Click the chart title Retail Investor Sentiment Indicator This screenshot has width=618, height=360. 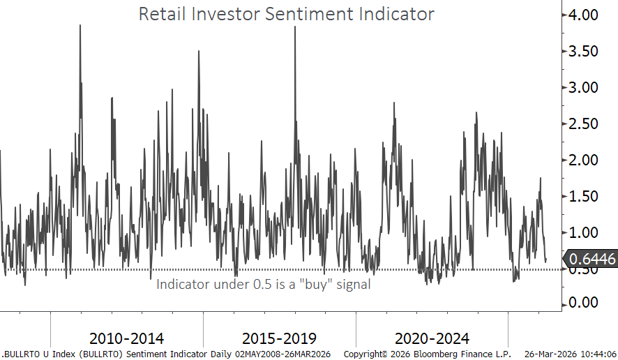pyautogui.click(x=286, y=14)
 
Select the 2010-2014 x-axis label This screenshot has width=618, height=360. pyautogui.click(x=128, y=339)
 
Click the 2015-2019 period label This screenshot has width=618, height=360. pyautogui.click(x=279, y=339)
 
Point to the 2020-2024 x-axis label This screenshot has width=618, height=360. pyautogui.click(x=432, y=339)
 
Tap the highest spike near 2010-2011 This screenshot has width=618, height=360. pyautogui.click(x=80, y=26)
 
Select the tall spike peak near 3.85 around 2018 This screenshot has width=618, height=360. pyautogui.click(x=295, y=27)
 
